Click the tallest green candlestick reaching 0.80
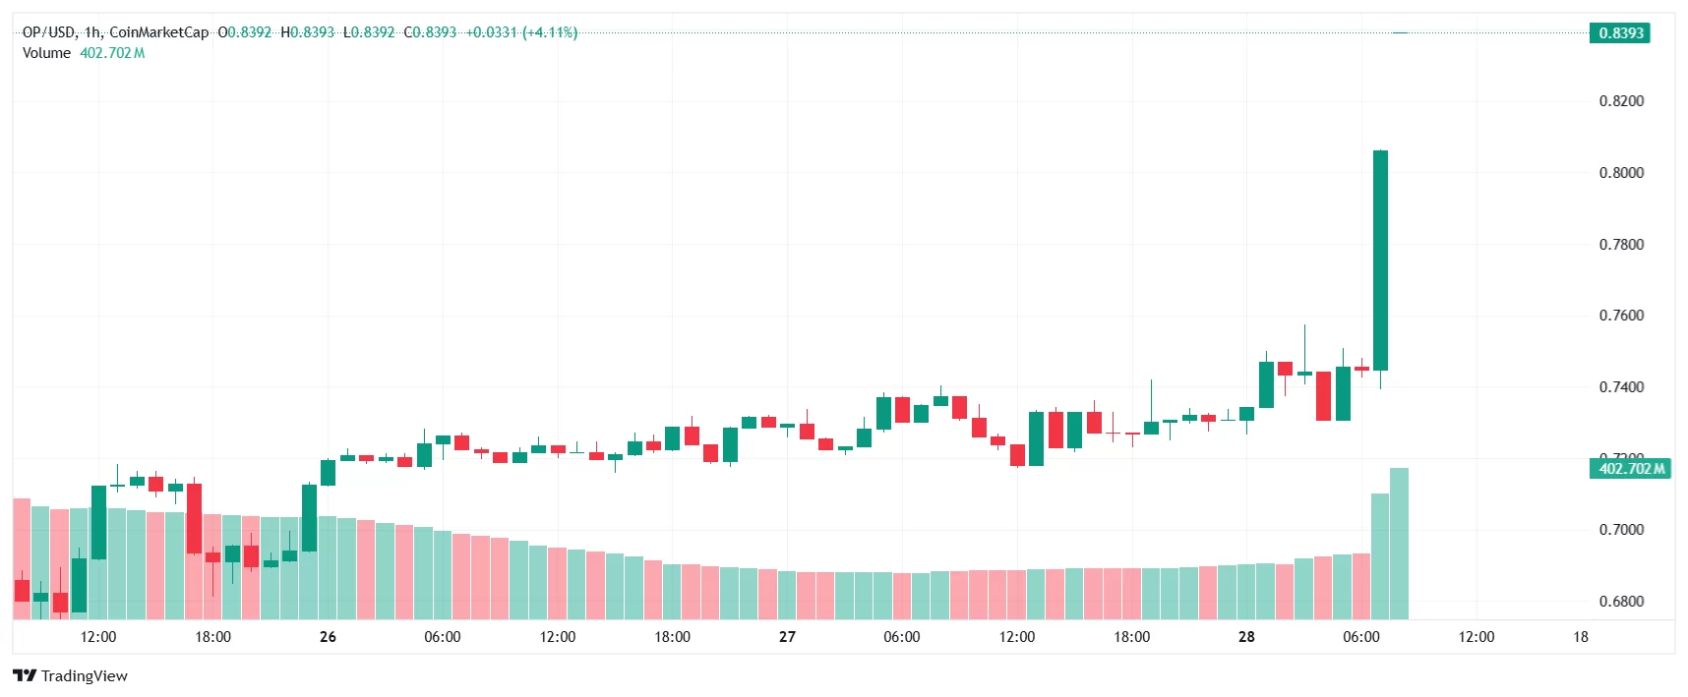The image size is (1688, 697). point(1380,261)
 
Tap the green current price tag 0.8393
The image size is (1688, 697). point(1620,32)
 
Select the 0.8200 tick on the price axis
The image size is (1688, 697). point(1621,101)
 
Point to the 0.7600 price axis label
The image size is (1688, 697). point(1621,316)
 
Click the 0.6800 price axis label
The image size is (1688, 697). point(1621,602)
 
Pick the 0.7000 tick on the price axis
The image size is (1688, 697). point(1621,530)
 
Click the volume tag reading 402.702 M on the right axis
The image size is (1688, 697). point(1631,469)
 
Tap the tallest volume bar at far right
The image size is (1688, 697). point(1399,544)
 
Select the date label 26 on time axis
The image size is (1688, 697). point(328,637)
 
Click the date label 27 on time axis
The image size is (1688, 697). point(787,637)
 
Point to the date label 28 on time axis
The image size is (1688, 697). point(1246,637)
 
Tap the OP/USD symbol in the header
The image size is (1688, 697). point(48,32)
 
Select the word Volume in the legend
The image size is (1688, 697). point(46,53)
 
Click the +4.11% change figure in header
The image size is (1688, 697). point(550,32)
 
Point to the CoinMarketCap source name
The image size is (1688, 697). point(158,32)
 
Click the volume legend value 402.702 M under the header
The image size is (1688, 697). point(112,53)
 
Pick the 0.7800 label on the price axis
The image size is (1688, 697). point(1621,245)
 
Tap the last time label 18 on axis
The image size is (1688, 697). point(1580,637)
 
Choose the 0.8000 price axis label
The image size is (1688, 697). point(1621,173)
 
